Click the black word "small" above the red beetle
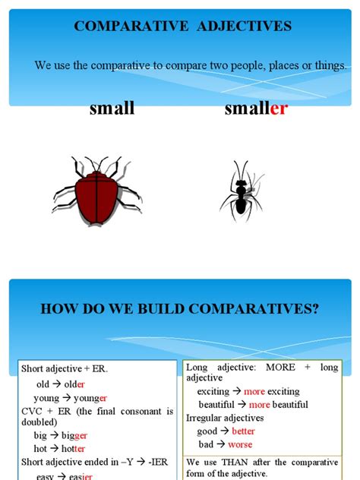[x=112, y=109]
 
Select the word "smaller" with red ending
[x=256, y=109]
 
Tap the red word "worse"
[x=240, y=444]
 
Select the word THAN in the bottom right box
[x=232, y=462]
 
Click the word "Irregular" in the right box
[x=207, y=417]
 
